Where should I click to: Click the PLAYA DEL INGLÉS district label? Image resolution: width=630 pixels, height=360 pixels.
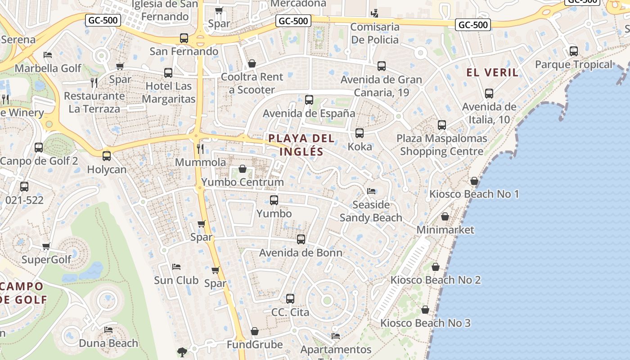pyautogui.click(x=301, y=145)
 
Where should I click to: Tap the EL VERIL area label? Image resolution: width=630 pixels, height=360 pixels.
pyautogui.click(x=492, y=72)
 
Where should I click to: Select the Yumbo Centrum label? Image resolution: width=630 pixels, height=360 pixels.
pyautogui.click(x=243, y=182)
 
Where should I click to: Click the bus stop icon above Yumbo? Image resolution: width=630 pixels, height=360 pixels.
pyautogui.click(x=274, y=200)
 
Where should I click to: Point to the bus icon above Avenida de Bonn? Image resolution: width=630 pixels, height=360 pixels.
pyautogui.click(x=301, y=239)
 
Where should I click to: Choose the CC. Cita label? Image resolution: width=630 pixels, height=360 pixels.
pyautogui.click(x=290, y=312)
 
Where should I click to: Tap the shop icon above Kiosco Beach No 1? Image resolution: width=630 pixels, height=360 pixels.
pyautogui.click(x=474, y=181)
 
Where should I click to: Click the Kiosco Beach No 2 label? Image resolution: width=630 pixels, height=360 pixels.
pyautogui.click(x=435, y=280)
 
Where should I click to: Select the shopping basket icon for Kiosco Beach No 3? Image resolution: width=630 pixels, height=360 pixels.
pyautogui.click(x=425, y=310)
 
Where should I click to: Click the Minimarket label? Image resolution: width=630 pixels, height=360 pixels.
pyautogui.click(x=445, y=230)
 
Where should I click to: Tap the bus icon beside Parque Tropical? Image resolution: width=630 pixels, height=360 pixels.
pyautogui.click(x=573, y=51)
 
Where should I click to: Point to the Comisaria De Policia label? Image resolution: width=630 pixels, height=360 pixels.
pyautogui.click(x=375, y=33)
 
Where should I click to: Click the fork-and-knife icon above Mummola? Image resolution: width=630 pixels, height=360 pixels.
pyautogui.click(x=201, y=148)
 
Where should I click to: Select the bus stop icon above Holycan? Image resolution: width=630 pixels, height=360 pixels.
pyautogui.click(x=107, y=156)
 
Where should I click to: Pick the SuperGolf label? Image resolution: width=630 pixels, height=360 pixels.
pyautogui.click(x=46, y=260)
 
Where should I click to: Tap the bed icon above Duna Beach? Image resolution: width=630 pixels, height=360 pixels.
pyautogui.click(x=108, y=330)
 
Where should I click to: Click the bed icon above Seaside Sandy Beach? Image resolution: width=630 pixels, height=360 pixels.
pyautogui.click(x=371, y=191)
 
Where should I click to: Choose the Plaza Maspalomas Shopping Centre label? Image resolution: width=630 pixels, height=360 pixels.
pyautogui.click(x=441, y=145)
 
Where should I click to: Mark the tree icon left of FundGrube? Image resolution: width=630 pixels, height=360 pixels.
pyautogui.click(x=182, y=352)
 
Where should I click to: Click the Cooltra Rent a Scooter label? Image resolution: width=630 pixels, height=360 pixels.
pyautogui.click(x=252, y=83)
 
